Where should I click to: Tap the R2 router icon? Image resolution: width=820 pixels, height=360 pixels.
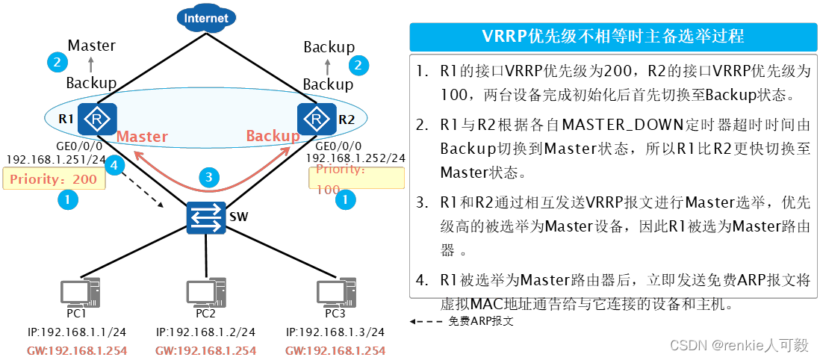click(314, 118)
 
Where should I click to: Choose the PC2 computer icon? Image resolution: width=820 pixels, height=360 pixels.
click(205, 293)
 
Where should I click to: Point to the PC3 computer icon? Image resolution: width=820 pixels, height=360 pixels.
click(334, 293)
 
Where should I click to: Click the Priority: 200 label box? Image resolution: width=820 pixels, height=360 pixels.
click(54, 179)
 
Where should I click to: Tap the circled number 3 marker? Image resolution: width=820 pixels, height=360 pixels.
click(210, 178)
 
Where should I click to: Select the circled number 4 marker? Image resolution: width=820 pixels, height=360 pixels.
click(114, 166)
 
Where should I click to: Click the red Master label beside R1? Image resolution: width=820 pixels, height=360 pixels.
click(142, 137)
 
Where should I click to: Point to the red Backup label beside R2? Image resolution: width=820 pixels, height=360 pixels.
click(273, 136)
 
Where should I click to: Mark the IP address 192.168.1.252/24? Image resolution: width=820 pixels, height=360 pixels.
click(356, 158)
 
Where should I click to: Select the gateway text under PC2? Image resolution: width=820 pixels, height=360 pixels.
click(205, 350)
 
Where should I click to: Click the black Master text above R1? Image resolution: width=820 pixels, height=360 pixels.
click(91, 46)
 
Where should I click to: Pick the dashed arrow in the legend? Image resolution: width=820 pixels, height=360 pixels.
click(426, 322)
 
